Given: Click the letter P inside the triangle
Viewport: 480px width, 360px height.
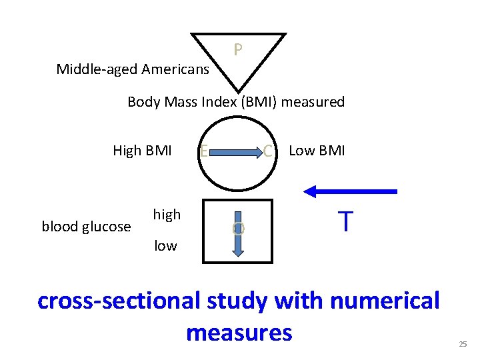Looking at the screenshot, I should (x=237, y=50).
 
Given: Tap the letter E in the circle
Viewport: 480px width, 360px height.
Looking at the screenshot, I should (x=203, y=152).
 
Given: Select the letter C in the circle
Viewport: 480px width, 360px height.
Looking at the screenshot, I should (x=268, y=151).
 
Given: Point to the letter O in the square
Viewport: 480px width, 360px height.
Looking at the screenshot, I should (x=238, y=228).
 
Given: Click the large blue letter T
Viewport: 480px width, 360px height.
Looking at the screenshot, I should (x=345, y=221).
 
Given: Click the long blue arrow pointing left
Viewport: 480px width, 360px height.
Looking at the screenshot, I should (x=351, y=191).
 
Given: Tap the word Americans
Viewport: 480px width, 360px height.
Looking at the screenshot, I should (x=175, y=69).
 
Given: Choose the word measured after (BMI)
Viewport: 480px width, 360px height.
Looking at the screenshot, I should (x=318, y=102).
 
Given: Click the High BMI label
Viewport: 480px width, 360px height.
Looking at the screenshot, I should (x=142, y=151).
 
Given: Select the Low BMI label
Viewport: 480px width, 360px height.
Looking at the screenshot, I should (x=317, y=151).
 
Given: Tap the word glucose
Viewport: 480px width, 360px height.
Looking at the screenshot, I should (x=105, y=227).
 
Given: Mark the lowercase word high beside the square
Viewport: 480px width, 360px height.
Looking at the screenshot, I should (x=167, y=215).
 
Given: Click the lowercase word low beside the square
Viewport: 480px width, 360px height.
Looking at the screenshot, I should (x=165, y=246).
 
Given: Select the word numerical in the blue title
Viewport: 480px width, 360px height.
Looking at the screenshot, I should (x=385, y=301).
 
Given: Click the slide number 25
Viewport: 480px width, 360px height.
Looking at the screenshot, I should (x=463, y=344).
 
